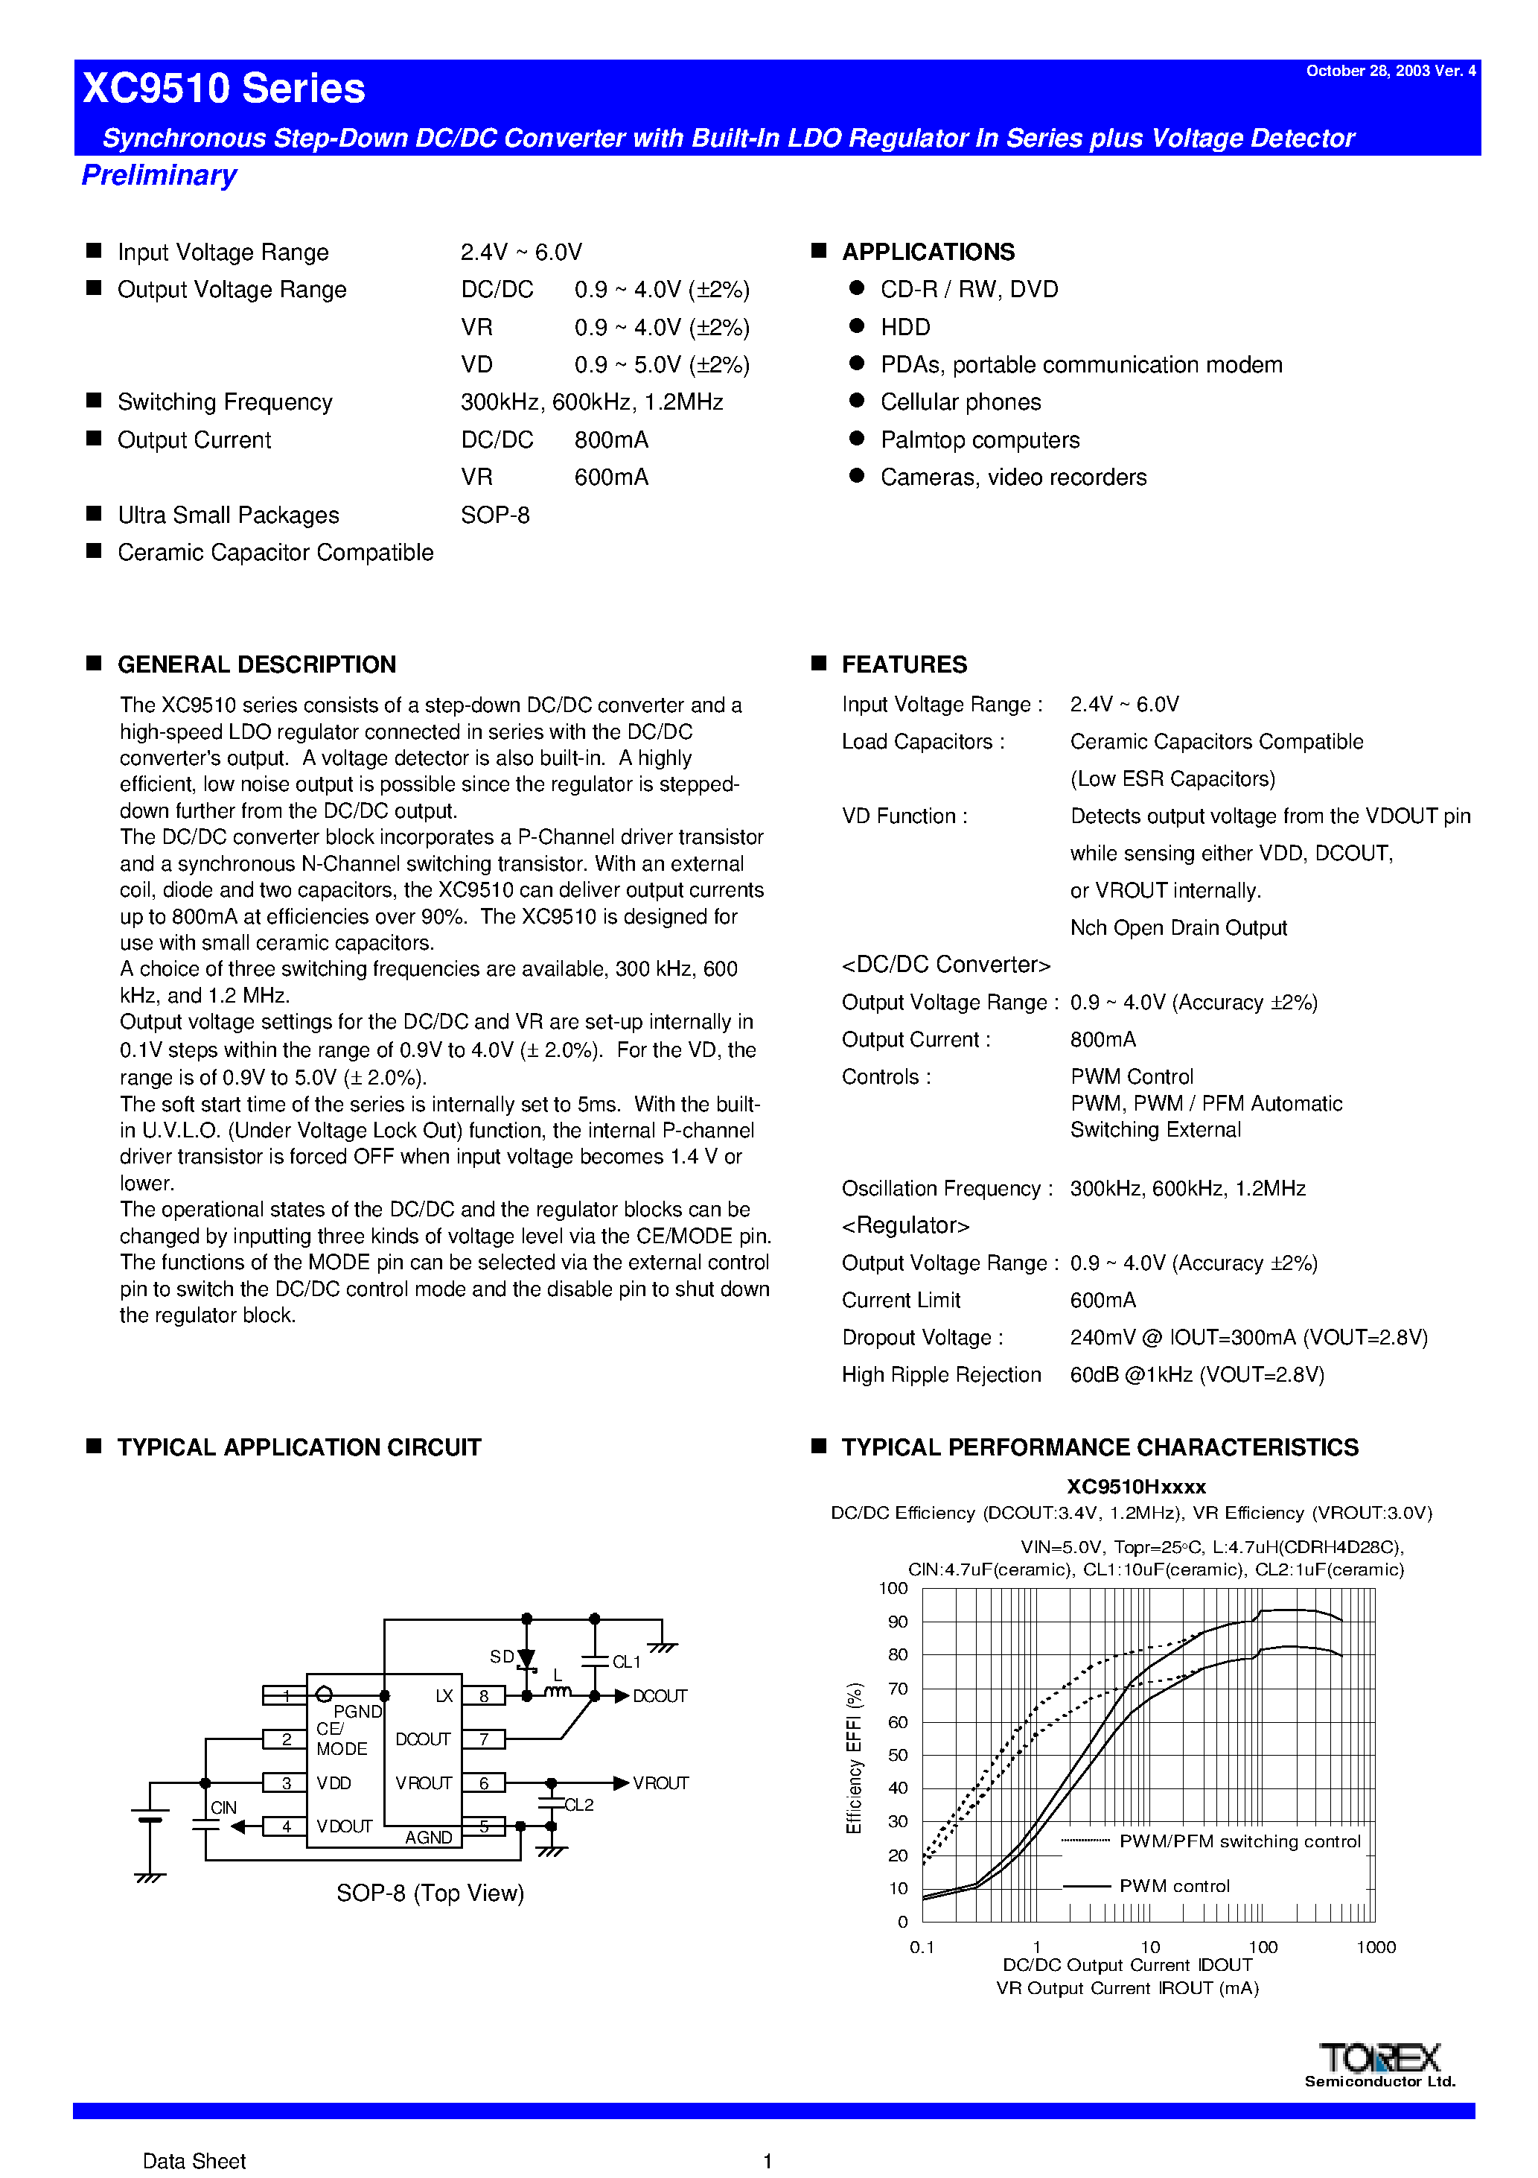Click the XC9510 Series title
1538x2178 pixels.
[224, 88]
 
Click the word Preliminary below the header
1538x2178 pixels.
[159, 176]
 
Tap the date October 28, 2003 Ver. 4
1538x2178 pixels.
[1390, 72]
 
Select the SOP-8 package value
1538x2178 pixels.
[495, 515]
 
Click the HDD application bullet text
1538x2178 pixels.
[904, 327]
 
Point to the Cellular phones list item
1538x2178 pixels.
[960, 402]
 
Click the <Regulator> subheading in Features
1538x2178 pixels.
[905, 1225]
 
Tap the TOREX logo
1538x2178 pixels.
[1379, 2060]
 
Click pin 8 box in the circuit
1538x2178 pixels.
[484, 1696]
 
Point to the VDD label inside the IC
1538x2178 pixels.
[334, 1783]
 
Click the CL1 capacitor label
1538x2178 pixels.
[627, 1662]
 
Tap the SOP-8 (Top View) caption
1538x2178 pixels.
[430, 1893]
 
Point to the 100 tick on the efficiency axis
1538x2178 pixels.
[893, 1589]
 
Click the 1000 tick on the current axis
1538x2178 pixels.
[1376, 1948]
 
